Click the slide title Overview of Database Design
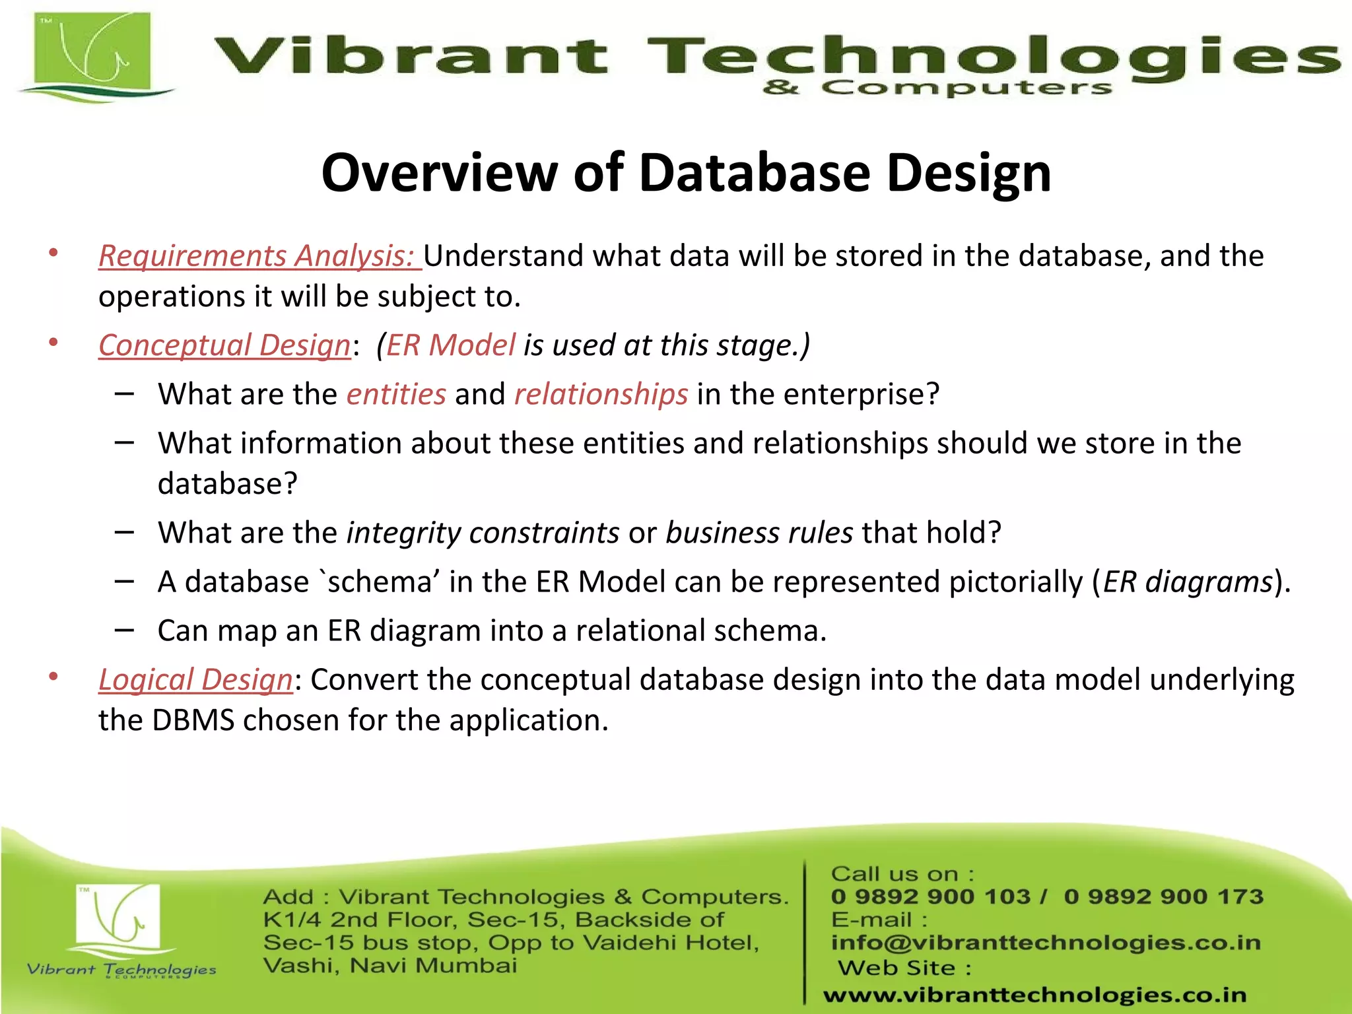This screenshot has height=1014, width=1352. [x=685, y=173]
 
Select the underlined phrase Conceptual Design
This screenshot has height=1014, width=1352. [x=224, y=345]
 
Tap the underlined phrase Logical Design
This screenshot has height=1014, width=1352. [x=195, y=679]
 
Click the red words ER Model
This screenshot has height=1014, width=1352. [x=450, y=345]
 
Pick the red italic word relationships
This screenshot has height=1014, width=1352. [x=601, y=394]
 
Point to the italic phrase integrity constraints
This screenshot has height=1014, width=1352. [x=483, y=533]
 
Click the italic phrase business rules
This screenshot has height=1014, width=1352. [x=759, y=533]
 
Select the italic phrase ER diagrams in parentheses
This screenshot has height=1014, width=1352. [x=1188, y=582]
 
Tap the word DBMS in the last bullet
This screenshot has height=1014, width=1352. [x=193, y=720]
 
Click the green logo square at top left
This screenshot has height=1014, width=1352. [x=92, y=53]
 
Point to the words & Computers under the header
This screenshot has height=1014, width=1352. [x=937, y=88]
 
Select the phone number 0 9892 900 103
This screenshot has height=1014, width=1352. [x=930, y=896]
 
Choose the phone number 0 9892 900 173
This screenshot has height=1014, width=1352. [x=1163, y=896]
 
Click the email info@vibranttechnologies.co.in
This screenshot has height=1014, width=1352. [x=1046, y=943]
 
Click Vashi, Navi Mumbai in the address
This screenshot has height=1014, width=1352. [x=389, y=966]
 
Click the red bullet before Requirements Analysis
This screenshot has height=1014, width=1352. [x=53, y=253]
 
